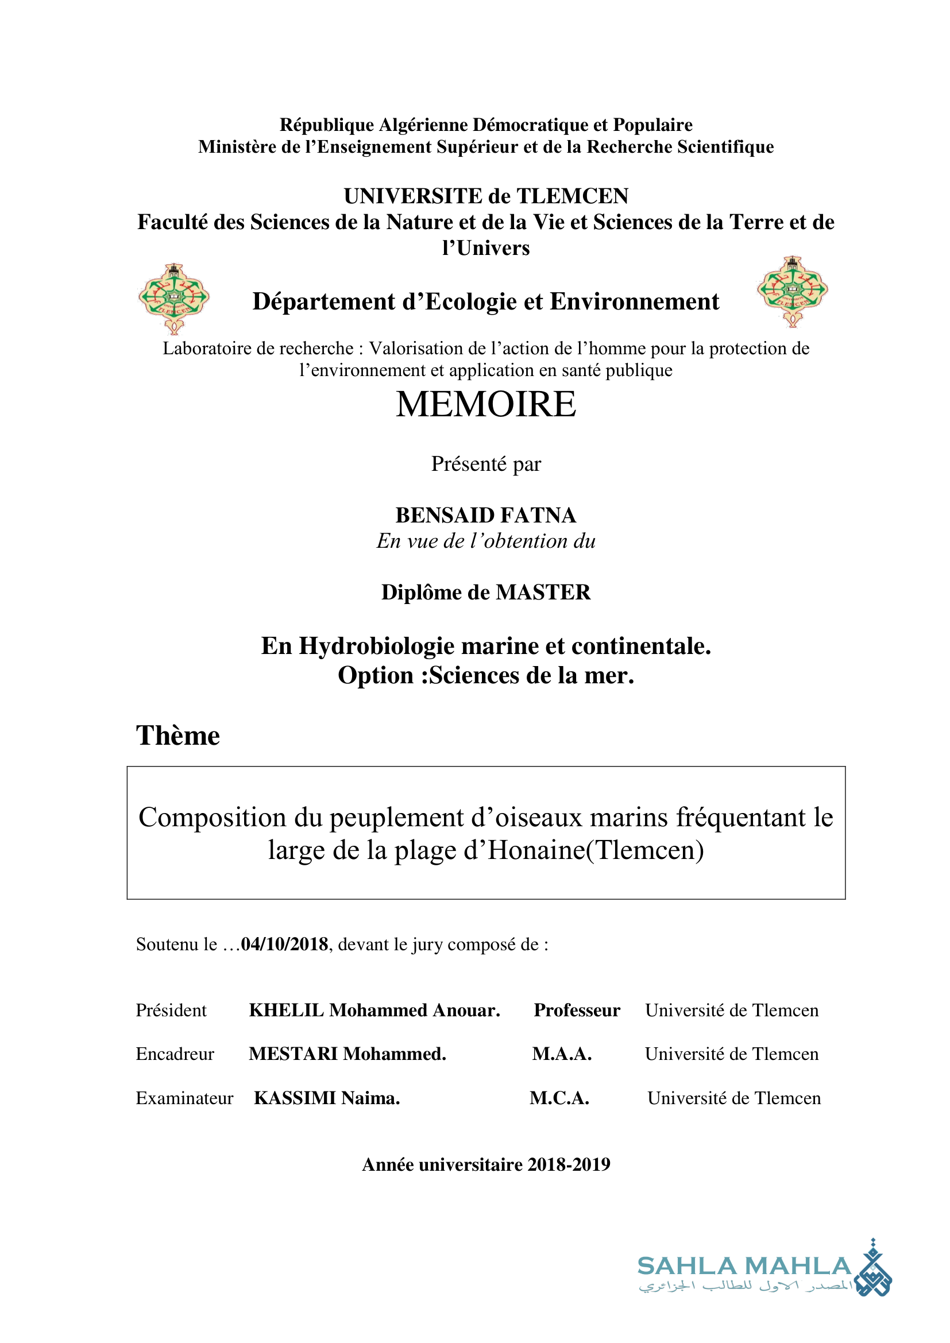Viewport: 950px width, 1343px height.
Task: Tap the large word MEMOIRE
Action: [x=485, y=404]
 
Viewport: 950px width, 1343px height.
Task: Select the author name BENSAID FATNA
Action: [x=485, y=515]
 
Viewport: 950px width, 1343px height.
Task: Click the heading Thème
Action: [x=178, y=736]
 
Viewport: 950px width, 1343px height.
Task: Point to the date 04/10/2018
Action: [x=284, y=944]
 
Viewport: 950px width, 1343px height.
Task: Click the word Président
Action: [x=171, y=1010]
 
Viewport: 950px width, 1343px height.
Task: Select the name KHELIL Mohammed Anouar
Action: [x=374, y=1010]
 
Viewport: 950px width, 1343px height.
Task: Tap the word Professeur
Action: [x=577, y=1010]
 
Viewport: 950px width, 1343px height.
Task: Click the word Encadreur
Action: [x=175, y=1054]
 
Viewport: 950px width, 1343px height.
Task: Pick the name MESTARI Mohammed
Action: [x=347, y=1054]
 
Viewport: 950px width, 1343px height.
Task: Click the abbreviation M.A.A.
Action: [x=562, y=1054]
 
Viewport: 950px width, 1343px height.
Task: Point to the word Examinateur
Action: [x=184, y=1098]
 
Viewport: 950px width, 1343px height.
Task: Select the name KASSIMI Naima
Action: [x=327, y=1098]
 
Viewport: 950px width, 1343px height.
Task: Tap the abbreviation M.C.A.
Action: [x=559, y=1098]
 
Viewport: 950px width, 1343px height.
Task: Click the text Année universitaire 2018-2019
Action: [x=485, y=1164]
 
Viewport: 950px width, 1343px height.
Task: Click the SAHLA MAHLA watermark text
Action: [x=744, y=1266]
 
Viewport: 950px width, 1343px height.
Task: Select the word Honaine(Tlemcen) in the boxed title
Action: [x=596, y=850]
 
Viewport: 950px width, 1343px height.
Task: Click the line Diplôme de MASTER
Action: [x=485, y=593]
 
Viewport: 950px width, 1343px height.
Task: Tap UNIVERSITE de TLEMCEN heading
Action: [x=485, y=196]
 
